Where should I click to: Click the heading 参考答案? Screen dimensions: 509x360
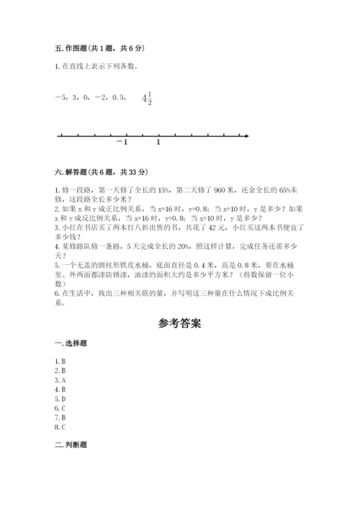[x=180, y=324]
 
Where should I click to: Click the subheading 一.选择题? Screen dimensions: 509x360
[x=66, y=346]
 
